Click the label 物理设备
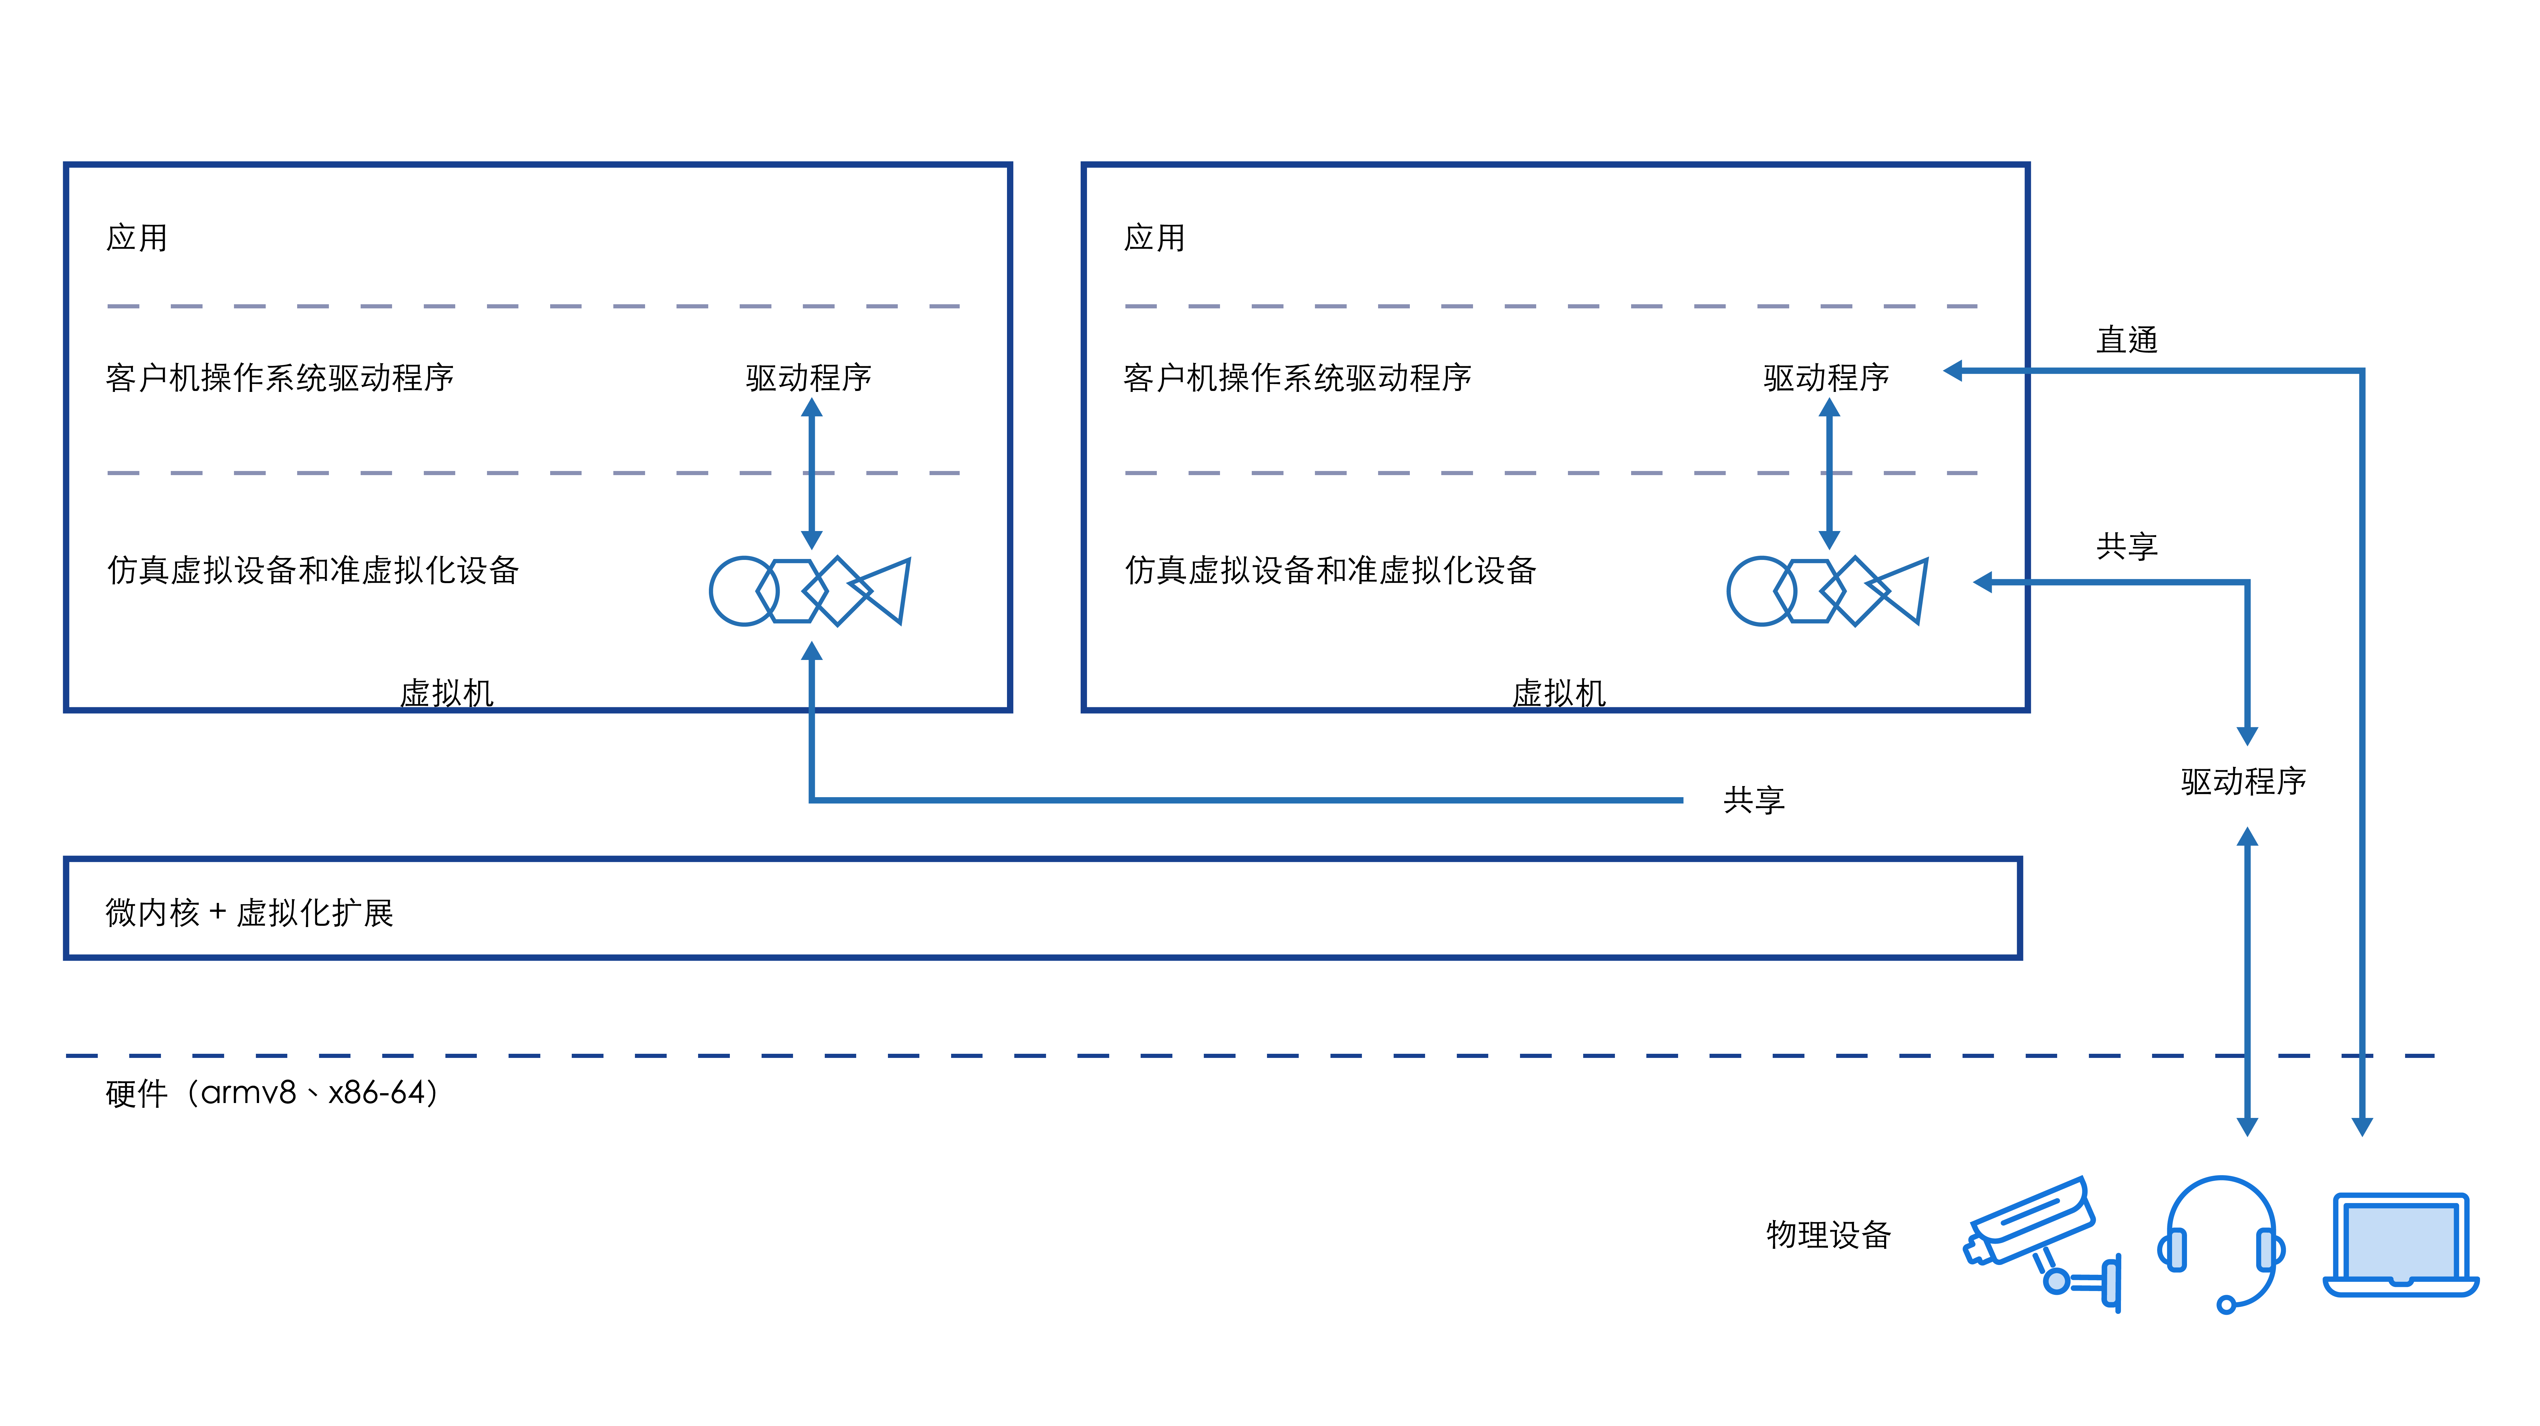coord(1828,1235)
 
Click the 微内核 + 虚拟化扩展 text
coord(250,912)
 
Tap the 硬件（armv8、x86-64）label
coord(272,1093)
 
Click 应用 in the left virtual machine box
coord(137,238)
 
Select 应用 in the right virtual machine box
coord(1155,238)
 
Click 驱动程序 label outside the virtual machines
coord(2243,781)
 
